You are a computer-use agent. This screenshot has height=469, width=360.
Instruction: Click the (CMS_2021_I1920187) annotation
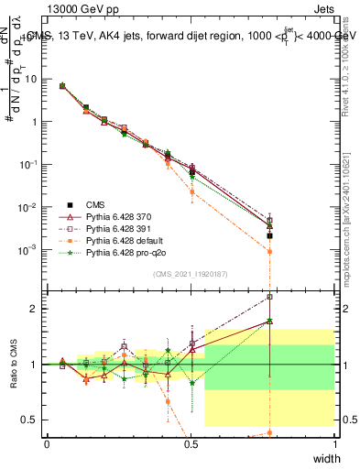[x=190, y=274]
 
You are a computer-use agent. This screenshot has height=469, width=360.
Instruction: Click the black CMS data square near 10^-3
[x=269, y=235]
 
